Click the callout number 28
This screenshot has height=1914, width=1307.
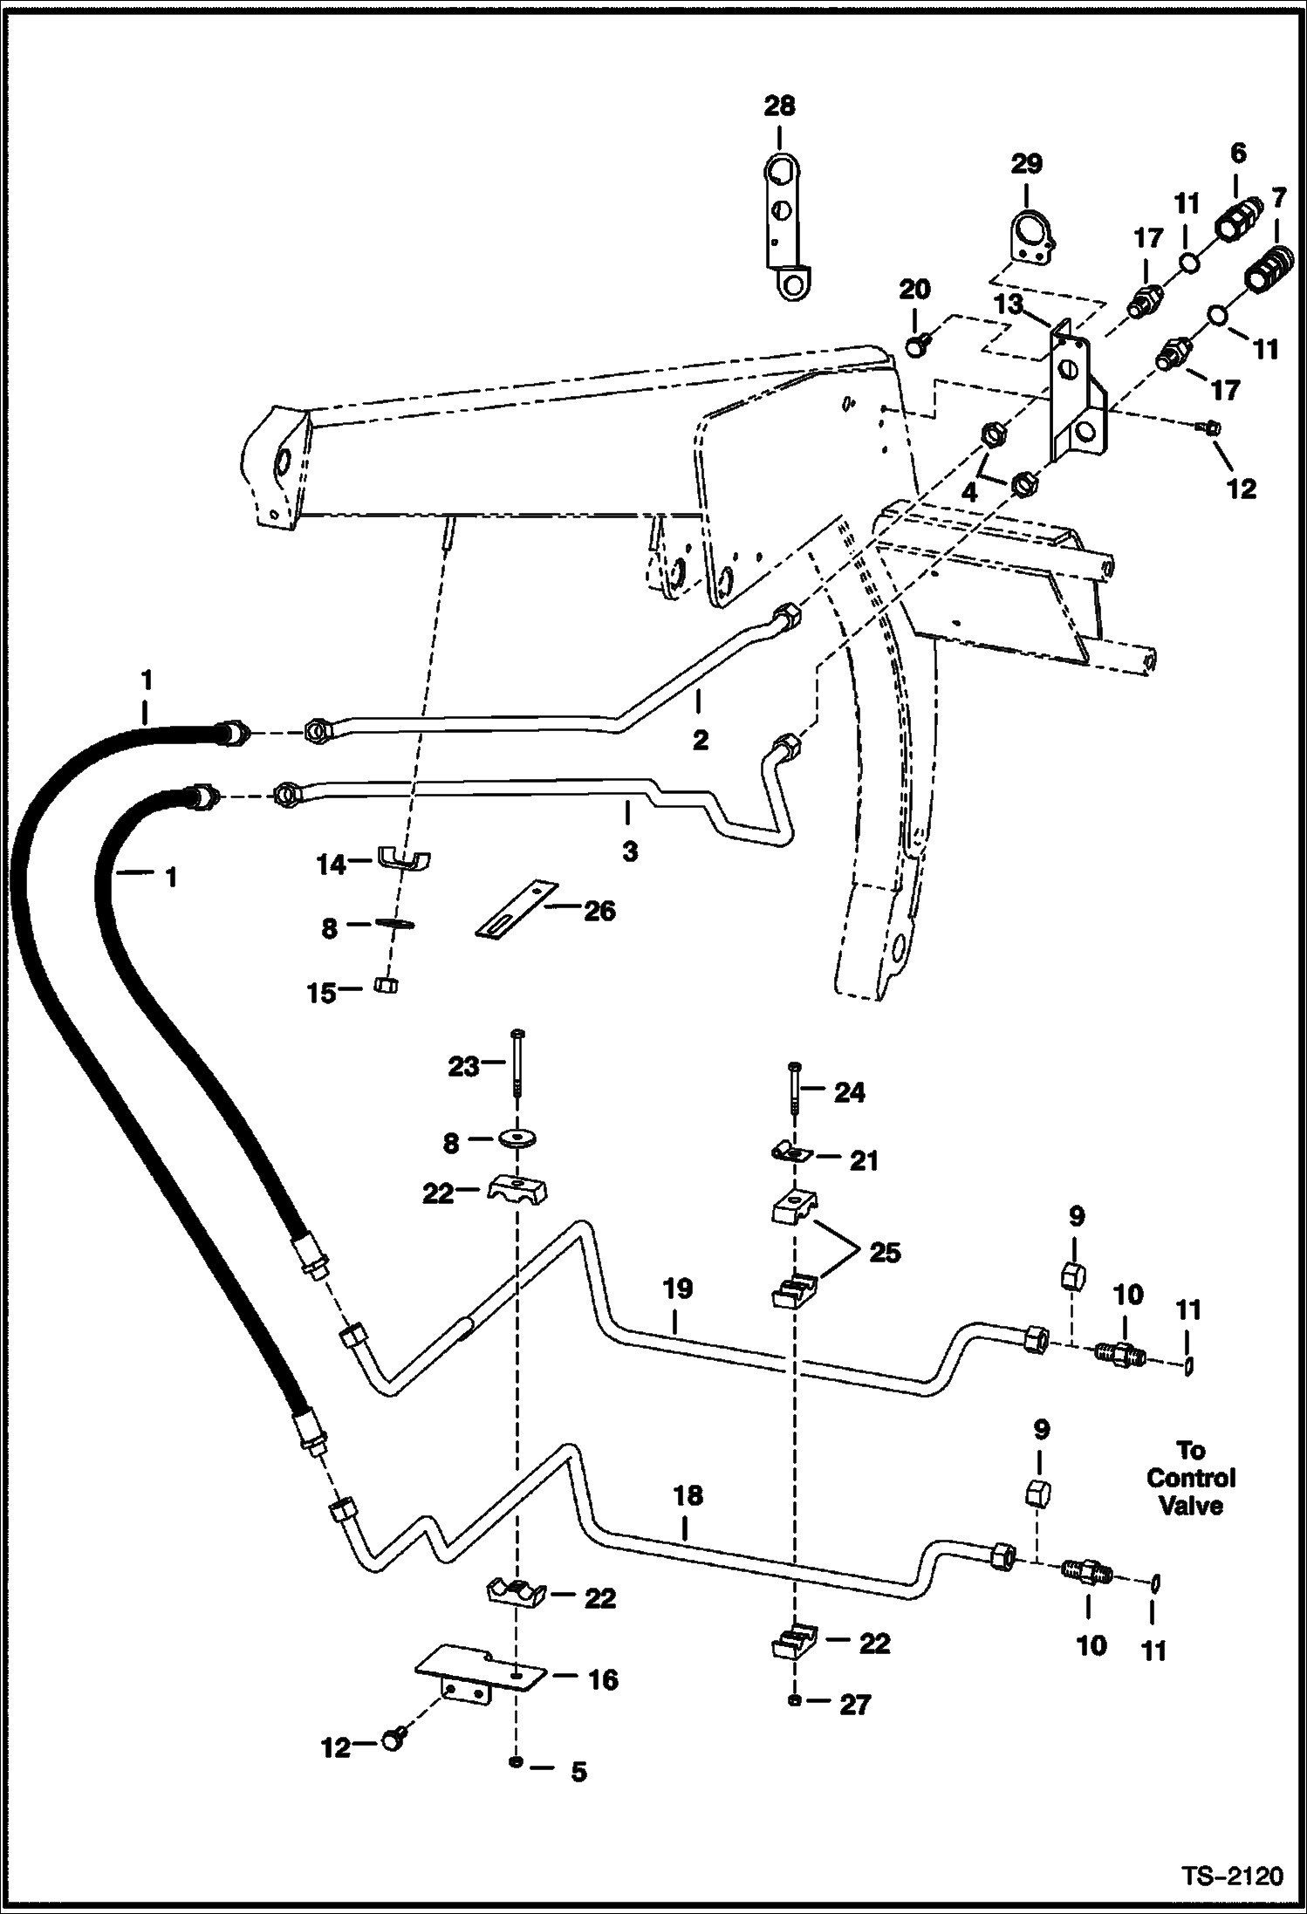779,106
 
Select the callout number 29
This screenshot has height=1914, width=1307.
1027,164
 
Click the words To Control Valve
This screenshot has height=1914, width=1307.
1191,1478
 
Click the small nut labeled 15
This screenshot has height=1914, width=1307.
386,986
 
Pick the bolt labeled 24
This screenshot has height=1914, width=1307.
793,1090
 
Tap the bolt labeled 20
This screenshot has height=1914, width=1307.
915,346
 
